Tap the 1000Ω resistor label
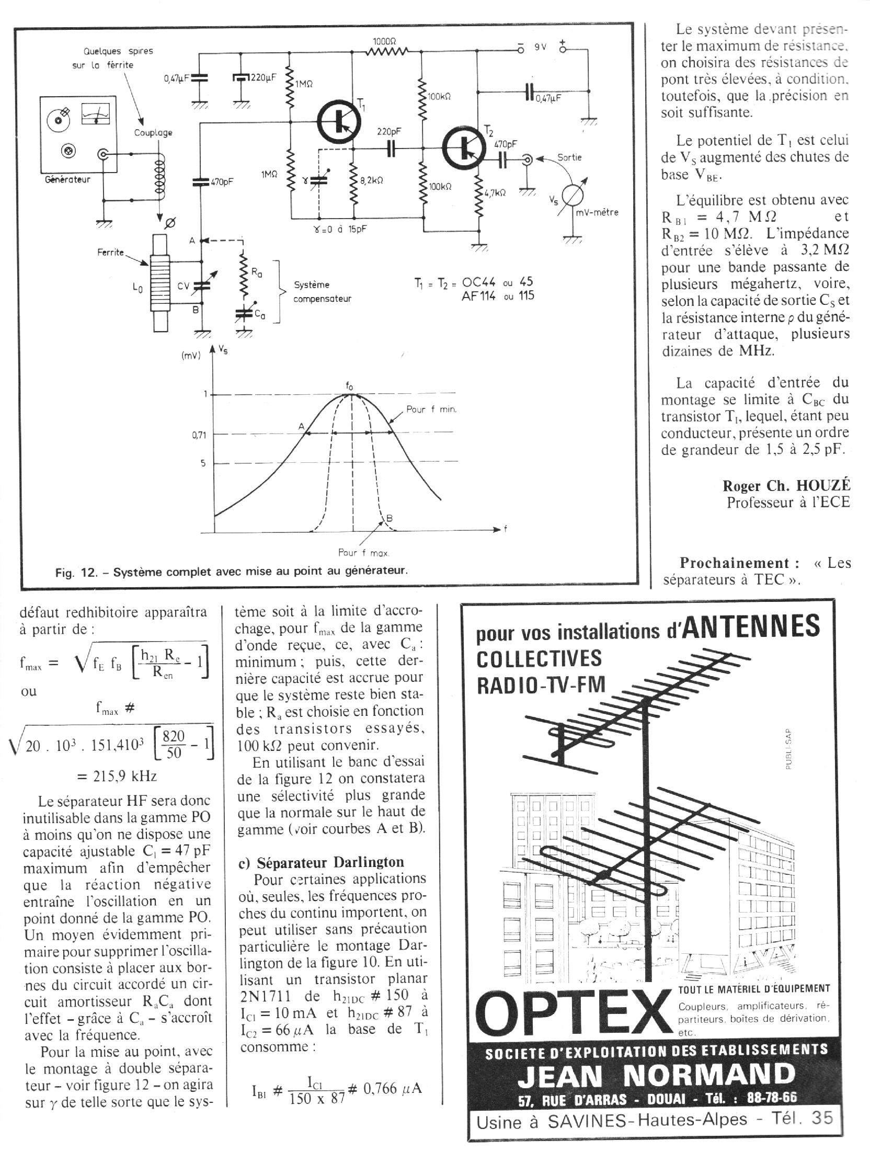[x=385, y=41]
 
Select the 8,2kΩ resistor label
[x=372, y=180]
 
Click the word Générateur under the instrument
[x=68, y=179]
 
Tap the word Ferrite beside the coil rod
[x=110, y=253]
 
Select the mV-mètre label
[x=597, y=213]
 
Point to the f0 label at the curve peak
[x=350, y=386]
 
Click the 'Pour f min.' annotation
[x=431, y=409]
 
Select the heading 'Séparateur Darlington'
[x=330, y=862]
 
